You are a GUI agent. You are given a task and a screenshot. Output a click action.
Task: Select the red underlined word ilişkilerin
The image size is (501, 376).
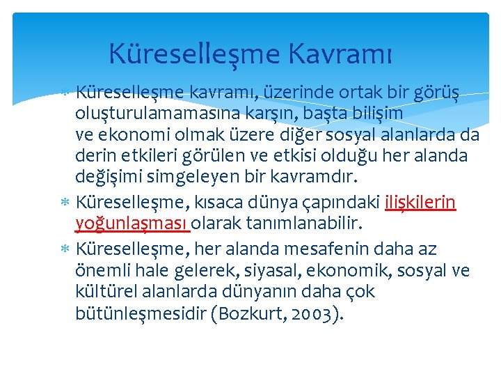coord(420,203)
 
